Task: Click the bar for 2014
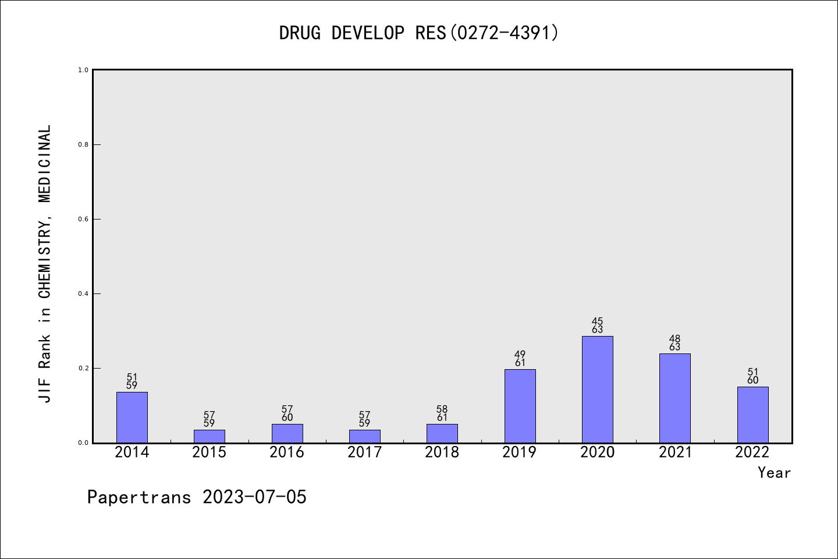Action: point(132,418)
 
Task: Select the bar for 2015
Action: point(210,436)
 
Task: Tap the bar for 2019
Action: point(520,406)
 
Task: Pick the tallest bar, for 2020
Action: point(598,389)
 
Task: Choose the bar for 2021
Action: point(675,398)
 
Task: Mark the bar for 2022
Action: point(752,415)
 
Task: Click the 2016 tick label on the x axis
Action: point(287,452)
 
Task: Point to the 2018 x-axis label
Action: point(442,452)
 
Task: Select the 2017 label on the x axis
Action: point(364,452)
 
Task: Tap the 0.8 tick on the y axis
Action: point(83,144)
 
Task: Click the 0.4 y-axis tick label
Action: point(83,293)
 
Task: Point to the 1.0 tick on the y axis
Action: point(83,70)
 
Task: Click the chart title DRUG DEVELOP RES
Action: point(419,33)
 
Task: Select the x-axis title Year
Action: point(774,473)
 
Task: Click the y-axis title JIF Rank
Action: point(45,263)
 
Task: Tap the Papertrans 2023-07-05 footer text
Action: point(197,497)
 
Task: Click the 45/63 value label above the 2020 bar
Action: point(598,326)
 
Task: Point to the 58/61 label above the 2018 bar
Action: point(442,413)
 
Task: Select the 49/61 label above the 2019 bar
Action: point(520,359)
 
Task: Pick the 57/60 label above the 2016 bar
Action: point(287,413)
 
